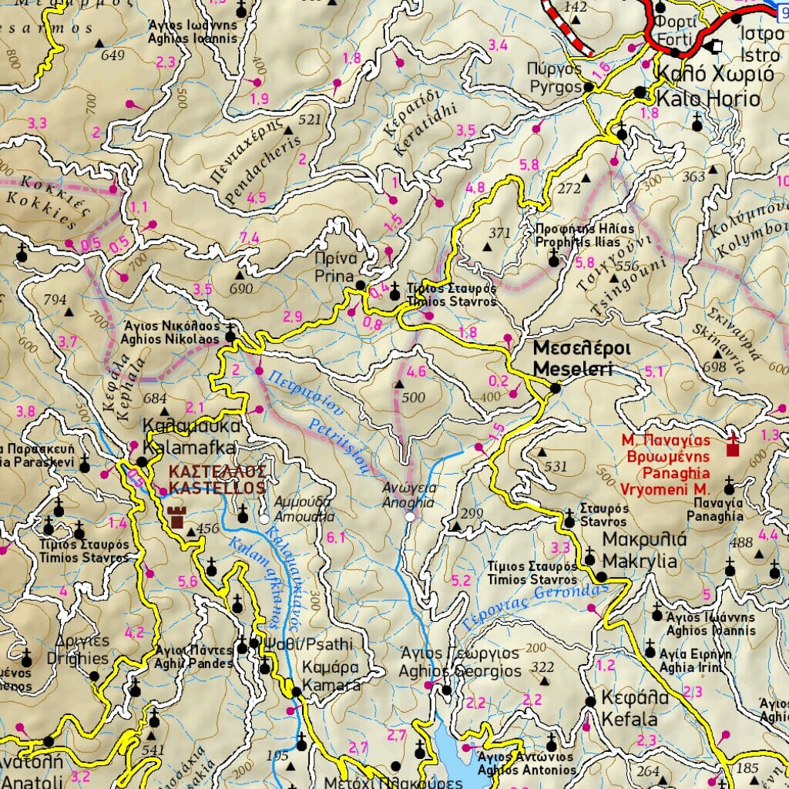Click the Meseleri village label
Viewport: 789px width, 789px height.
tap(583, 359)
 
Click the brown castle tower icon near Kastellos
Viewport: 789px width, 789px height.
tap(176, 517)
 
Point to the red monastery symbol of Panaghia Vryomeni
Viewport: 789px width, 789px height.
tap(732, 445)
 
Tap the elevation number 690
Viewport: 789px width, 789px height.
tap(241, 289)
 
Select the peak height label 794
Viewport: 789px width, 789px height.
tap(55, 299)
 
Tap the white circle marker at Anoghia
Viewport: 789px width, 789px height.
tap(410, 517)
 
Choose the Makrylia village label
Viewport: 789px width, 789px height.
tap(640, 550)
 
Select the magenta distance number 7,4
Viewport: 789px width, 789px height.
tap(250, 237)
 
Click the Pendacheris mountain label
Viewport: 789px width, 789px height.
tap(260, 163)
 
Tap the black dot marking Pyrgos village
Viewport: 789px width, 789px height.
tap(589, 88)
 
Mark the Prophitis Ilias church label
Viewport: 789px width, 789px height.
tap(575, 236)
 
